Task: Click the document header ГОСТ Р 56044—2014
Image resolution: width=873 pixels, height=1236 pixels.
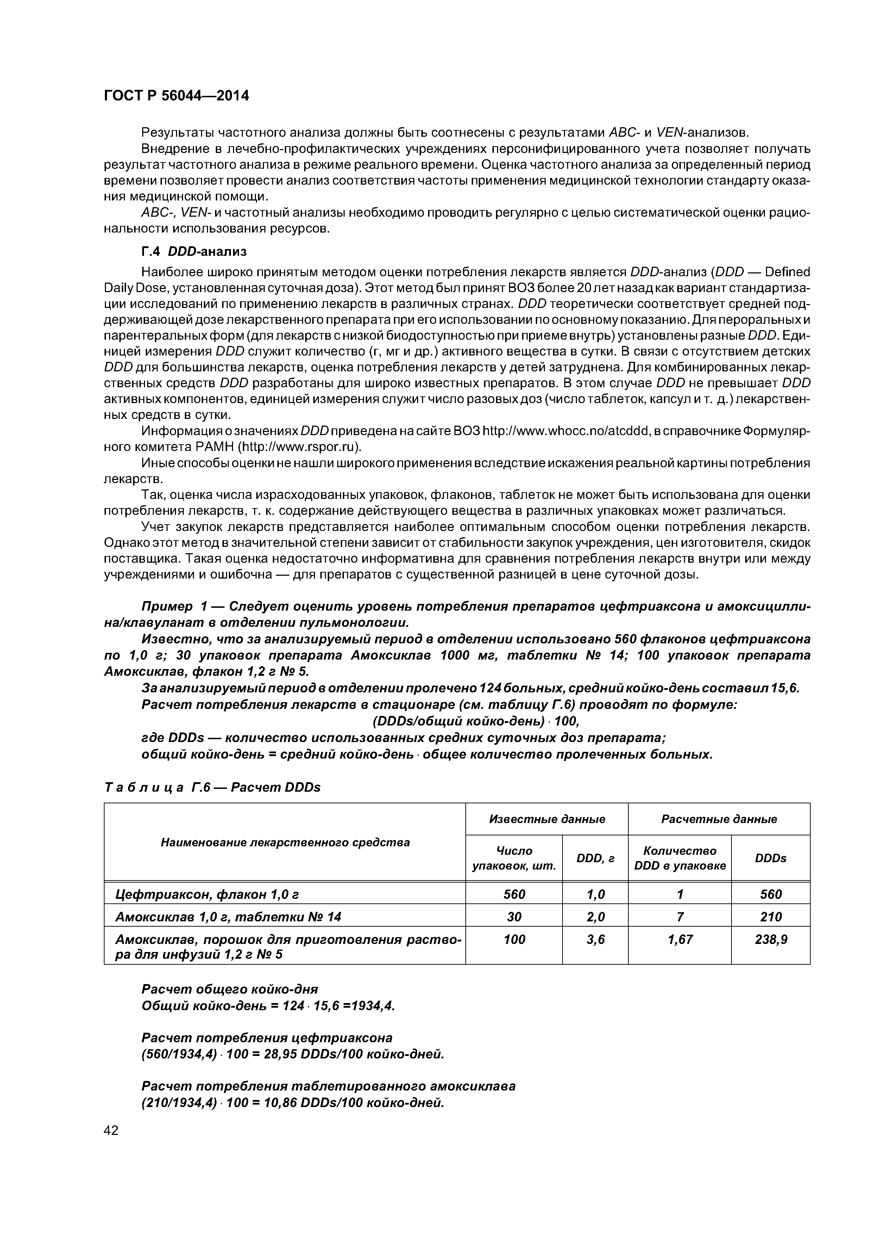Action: pyautogui.click(x=176, y=96)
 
